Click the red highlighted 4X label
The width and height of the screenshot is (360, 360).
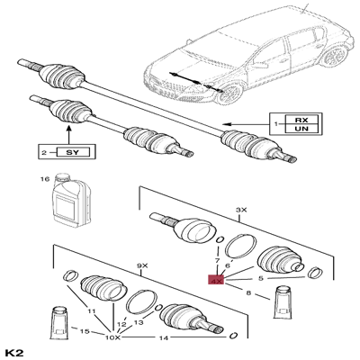pos(216,279)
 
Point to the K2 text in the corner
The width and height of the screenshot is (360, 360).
pos(13,350)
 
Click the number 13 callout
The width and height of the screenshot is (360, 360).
pos(138,321)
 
